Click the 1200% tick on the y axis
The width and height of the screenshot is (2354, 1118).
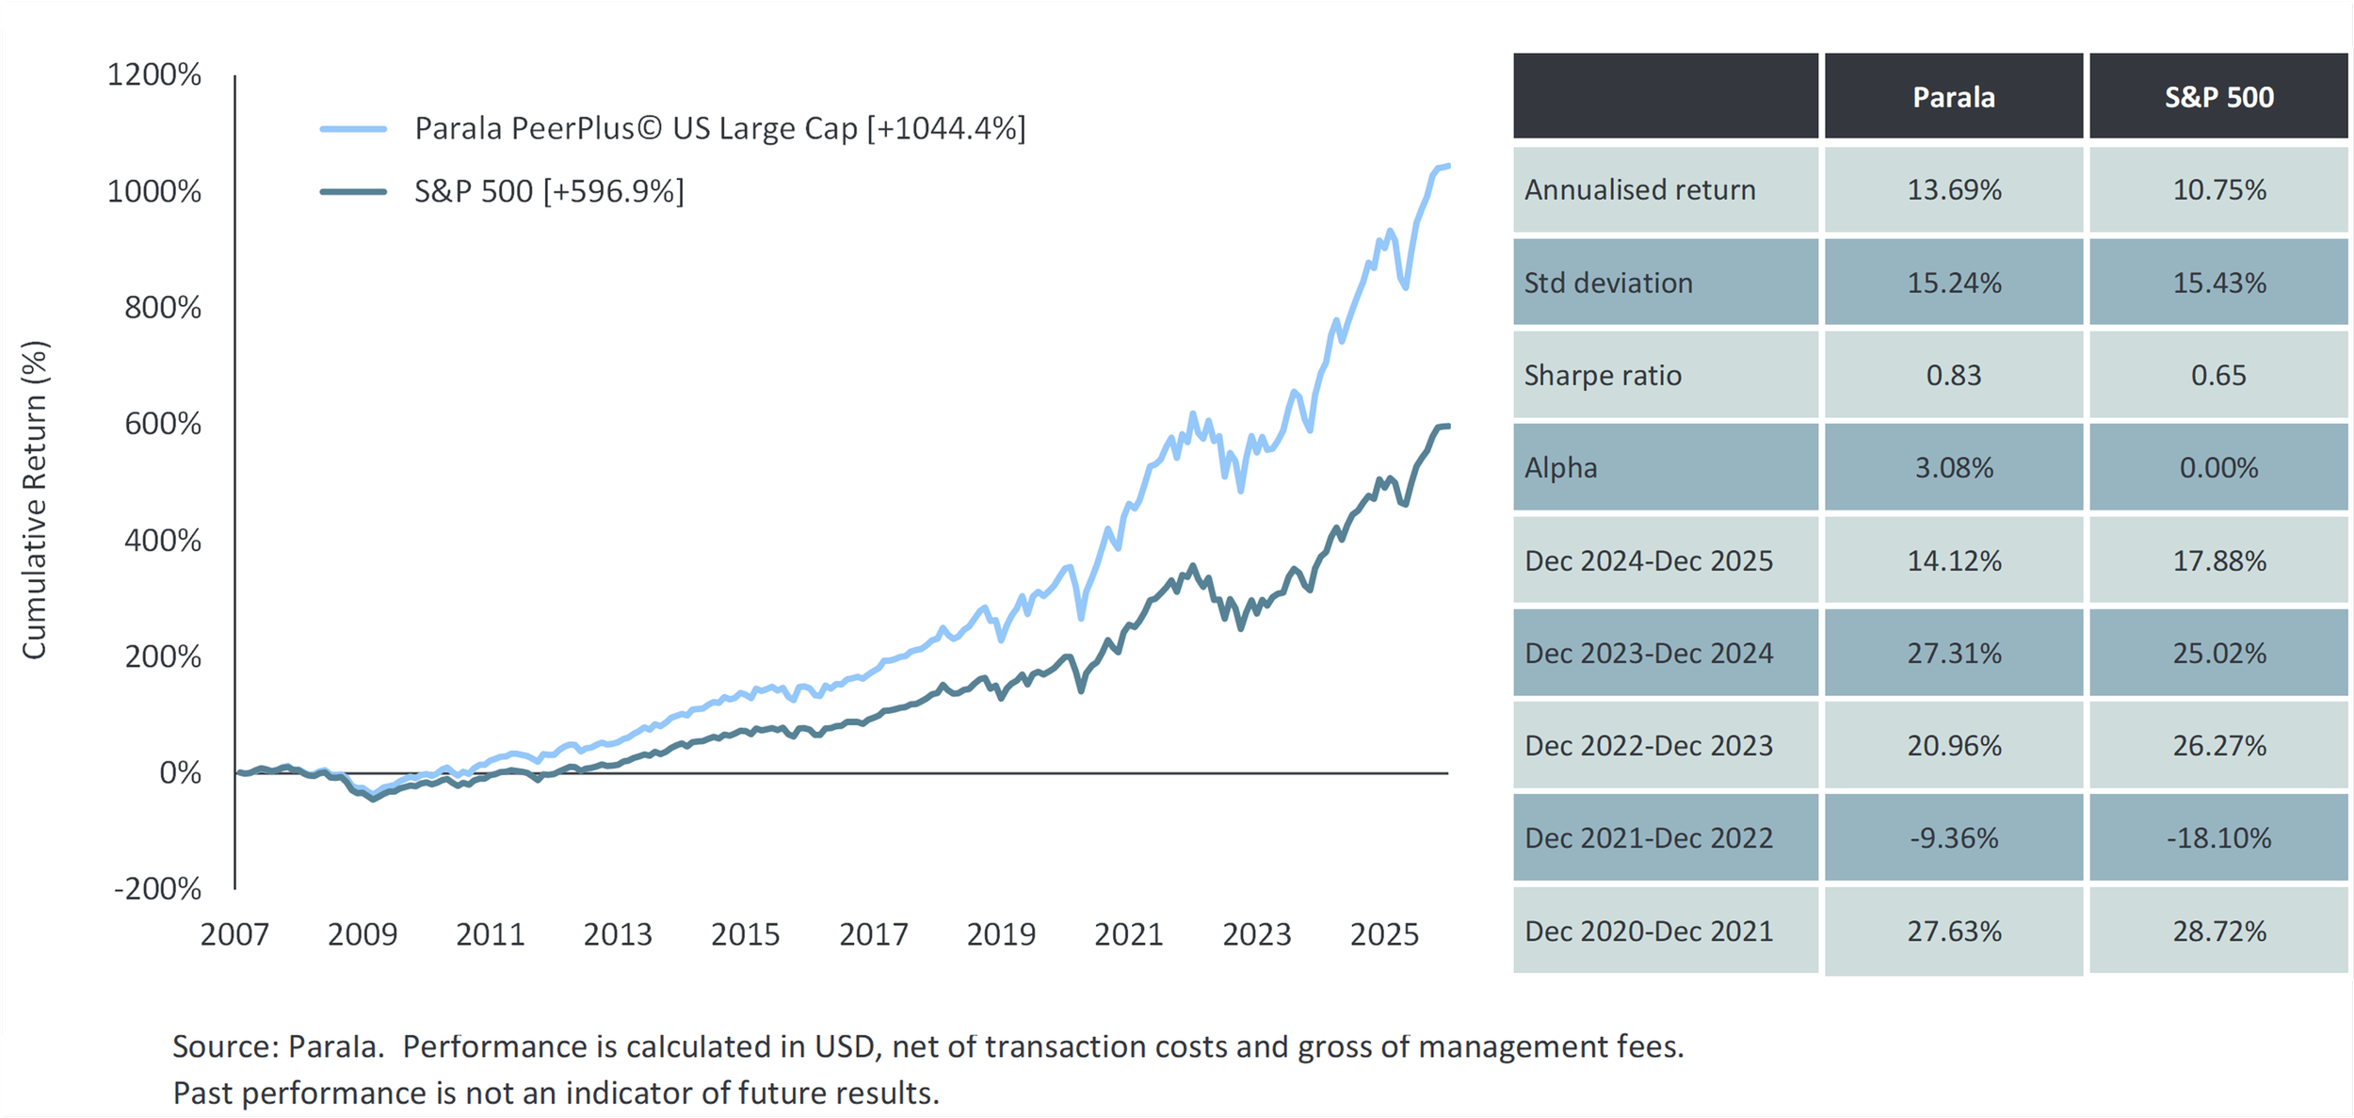(154, 74)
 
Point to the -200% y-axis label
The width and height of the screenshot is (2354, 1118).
(157, 888)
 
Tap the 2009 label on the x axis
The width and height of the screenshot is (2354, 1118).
(363, 934)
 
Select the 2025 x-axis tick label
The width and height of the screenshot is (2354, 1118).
(1383, 934)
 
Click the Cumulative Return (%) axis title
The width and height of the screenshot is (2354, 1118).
(34, 499)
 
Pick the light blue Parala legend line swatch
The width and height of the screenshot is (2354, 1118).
(353, 129)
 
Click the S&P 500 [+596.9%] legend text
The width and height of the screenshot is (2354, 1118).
(549, 191)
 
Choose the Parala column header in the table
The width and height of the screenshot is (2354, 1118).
(1953, 97)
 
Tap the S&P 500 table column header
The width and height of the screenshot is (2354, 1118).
(2218, 97)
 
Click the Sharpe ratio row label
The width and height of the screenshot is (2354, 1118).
(1603, 375)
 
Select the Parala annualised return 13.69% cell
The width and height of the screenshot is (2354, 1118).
(1954, 189)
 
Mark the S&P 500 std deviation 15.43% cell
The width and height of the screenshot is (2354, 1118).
(2218, 283)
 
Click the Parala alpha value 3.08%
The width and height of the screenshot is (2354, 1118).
(1954, 467)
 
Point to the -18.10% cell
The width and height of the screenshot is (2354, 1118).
(2218, 837)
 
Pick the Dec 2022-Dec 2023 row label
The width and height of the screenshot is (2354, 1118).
(1649, 745)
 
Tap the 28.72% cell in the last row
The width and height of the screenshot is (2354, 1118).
(2218, 931)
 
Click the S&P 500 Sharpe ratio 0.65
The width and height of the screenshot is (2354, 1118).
(2218, 375)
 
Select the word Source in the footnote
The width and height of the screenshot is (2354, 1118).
(225, 1046)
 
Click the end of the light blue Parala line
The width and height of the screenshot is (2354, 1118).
(1448, 166)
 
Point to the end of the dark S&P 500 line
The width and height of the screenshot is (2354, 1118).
(1448, 427)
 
